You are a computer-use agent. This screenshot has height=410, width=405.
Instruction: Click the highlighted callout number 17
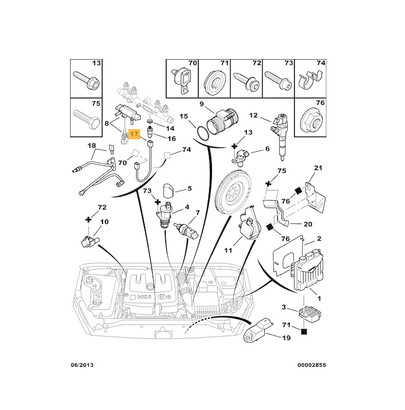(x=134, y=135)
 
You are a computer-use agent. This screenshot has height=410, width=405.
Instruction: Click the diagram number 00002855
(x=312, y=365)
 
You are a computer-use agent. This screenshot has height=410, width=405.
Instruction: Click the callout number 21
(x=318, y=168)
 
